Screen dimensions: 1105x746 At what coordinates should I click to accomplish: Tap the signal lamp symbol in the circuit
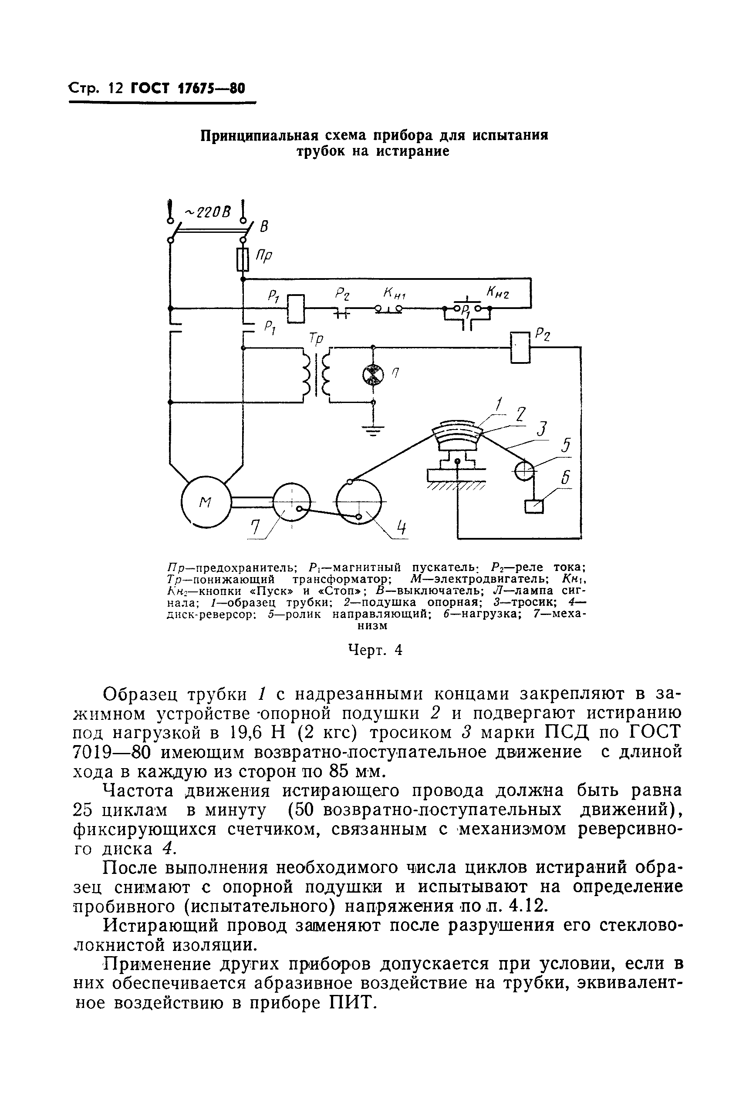[x=372, y=375]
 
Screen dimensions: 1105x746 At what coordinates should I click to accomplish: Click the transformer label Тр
[x=316, y=338]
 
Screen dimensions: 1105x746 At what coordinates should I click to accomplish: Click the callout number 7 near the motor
[x=257, y=527]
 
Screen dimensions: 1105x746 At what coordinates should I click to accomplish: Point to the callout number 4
[x=402, y=528]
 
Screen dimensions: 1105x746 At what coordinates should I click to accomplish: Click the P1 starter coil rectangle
[x=296, y=309]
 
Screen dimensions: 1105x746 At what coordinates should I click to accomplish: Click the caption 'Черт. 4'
[x=375, y=649]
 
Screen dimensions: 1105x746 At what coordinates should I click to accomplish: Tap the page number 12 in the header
[x=115, y=88]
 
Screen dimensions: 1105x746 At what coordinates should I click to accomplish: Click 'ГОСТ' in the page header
[x=149, y=88]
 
